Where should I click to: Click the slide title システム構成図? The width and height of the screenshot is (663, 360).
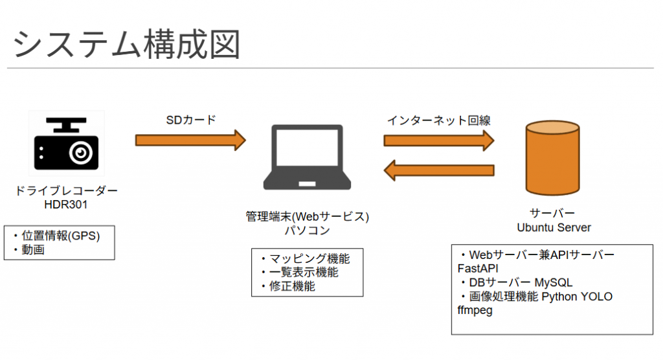coord(127,44)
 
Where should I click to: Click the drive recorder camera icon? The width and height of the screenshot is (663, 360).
coord(66,144)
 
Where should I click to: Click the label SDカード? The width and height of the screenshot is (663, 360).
coord(191,120)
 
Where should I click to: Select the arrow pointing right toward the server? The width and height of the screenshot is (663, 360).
coord(438,140)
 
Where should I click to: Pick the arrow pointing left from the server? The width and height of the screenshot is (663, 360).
coord(438,171)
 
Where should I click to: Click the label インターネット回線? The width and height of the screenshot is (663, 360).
coord(438,120)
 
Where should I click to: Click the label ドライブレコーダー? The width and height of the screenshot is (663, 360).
coord(66,192)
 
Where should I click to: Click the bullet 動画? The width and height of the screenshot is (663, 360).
coord(32,250)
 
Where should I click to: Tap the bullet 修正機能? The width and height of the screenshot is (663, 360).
coord(292,286)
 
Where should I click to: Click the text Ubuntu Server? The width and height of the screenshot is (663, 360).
coord(554,227)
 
